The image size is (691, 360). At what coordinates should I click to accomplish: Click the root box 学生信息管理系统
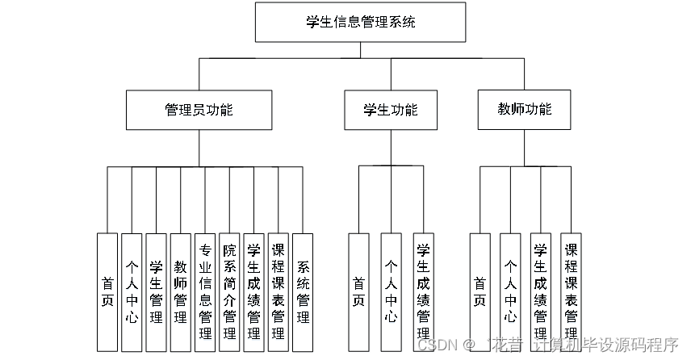(360, 22)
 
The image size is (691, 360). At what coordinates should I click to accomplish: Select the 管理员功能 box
(198, 110)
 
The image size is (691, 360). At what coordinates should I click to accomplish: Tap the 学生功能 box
(390, 110)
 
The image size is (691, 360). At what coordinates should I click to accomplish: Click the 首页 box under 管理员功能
(107, 291)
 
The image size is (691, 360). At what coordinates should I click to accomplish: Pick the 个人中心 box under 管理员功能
(132, 291)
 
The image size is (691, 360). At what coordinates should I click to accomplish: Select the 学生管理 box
(156, 291)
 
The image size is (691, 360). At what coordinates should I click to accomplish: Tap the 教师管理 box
(180, 291)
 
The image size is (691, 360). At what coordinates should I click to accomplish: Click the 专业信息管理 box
(205, 291)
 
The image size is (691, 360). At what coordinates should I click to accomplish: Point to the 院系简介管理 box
(229, 291)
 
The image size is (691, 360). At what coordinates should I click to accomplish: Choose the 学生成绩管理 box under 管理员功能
(253, 291)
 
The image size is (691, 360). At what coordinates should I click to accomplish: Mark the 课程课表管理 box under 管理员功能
(278, 291)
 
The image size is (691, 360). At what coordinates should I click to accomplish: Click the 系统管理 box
(303, 291)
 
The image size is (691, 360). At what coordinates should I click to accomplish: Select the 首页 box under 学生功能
(358, 291)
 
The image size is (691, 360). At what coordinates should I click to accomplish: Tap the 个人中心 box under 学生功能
(391, 291)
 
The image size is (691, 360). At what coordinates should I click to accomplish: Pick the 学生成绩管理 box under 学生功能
(421, 291)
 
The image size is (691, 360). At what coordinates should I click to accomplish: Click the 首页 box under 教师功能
(480, 291)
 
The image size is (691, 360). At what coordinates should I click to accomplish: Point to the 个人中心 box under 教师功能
(510, 291)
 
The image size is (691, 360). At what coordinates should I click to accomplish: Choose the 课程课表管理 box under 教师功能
(571, 291)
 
